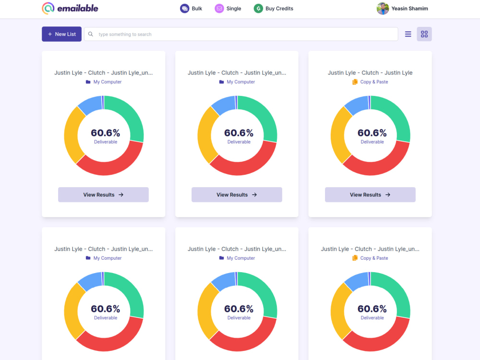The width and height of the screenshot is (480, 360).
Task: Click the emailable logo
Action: pyautogui.click(x=70, y=8)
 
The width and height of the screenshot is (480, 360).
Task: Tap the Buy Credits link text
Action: pyautogui.click(x=279, y=9)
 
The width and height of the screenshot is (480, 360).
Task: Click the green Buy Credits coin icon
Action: pyautogui.click(x=258, y=9)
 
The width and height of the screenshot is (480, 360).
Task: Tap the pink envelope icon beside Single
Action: pyautogui.click(x=219, y=9)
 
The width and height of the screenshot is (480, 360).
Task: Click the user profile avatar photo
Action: pyautogui.click(x=383, y=9)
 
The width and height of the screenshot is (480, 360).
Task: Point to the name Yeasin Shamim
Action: pyautogui.click(x=409, y=9)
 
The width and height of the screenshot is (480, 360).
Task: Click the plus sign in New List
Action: pyautogui.click(x=50, y=34)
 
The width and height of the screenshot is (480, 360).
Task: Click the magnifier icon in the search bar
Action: pyautogui.click(x=91, y=34)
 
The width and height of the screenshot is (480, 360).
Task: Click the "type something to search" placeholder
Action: pyautogui.click(x=125, y=34)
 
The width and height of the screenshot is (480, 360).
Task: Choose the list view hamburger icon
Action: pyautogui.click(x=408, y=34)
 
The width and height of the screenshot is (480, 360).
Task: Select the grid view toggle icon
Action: pyautogui.click(x=424, y=34)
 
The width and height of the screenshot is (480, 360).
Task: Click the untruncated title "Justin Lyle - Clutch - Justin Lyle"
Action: pyautogui.click(x=370, y=73)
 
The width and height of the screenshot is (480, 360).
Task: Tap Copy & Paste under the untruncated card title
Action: pyautogui.click(x=374, y=82)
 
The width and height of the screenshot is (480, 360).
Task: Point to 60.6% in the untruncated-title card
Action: pyautogui.click(x=372, y=133)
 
